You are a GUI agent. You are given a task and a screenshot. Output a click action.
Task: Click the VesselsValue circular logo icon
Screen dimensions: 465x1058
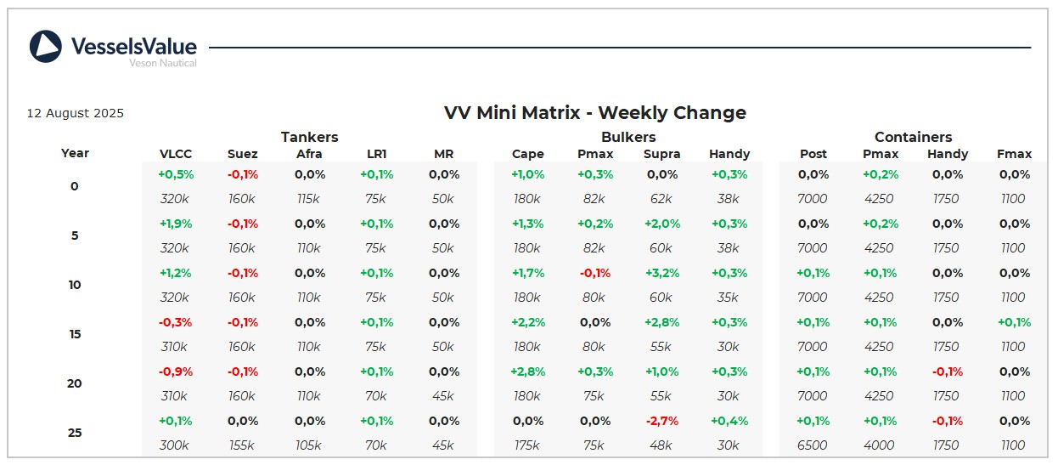46,47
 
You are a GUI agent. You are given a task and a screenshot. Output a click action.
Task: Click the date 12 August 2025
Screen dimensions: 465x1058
76,113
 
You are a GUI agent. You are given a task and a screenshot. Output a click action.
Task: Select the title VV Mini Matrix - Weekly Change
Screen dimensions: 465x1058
594,112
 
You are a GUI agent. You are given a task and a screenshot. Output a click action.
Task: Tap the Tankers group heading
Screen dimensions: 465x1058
309,137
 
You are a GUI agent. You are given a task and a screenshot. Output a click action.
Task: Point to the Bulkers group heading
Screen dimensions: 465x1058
628,137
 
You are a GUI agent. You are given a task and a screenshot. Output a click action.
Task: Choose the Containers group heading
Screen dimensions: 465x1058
913,137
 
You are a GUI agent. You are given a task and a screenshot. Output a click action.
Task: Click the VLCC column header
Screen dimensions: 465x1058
176,154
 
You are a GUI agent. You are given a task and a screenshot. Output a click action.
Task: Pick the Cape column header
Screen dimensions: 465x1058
527,154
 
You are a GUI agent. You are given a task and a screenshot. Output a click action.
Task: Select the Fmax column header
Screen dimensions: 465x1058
1014,154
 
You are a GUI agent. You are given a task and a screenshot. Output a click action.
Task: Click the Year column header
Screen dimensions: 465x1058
75,153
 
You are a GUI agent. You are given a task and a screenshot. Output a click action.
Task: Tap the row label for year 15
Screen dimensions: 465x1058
75,334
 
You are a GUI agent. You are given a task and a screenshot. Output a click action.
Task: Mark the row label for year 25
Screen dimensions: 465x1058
75,433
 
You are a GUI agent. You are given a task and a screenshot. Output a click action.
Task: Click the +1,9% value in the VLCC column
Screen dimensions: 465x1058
176,224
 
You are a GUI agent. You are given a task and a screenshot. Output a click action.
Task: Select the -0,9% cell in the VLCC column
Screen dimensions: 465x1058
176,372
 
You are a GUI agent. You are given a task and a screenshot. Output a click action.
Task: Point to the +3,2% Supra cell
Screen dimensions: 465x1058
662,274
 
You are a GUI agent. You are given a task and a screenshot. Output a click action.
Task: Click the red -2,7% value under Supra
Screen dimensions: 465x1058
662,422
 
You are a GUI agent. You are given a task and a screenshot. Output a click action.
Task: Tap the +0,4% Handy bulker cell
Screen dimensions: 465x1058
729,422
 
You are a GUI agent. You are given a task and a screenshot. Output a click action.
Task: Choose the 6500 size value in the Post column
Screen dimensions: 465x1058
813,445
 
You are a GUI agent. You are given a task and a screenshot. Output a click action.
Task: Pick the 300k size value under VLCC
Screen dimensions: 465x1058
175,445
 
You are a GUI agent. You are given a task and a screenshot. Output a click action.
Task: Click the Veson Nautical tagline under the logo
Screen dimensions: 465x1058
162,63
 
